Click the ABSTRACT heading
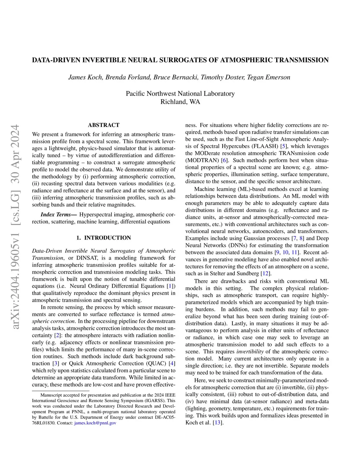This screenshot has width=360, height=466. coord(103,125)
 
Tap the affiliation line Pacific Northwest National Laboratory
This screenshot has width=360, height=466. coord(180,94)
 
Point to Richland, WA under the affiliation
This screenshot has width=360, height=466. coord(180,102)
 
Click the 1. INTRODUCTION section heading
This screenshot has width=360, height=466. coord(103,238)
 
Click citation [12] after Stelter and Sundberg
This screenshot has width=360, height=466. coord(266,273)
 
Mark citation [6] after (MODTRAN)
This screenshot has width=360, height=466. coord(223,160)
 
